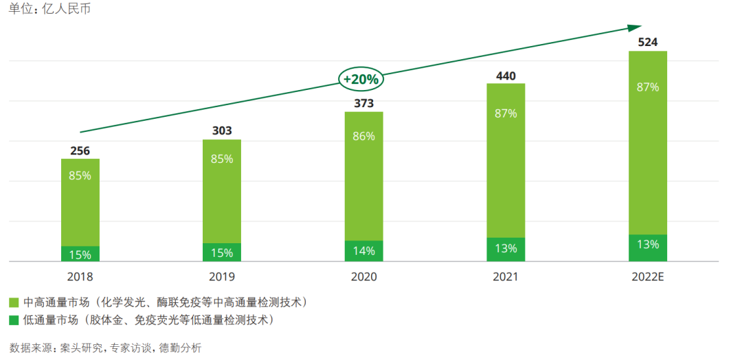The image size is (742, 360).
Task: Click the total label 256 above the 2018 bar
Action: click(80, 150)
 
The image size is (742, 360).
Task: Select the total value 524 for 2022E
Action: click(648, 43)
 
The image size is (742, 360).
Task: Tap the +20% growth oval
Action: click(361, 79)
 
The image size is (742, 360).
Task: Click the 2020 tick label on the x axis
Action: click(364, 277)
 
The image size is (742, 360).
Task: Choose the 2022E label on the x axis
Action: click(648, 277)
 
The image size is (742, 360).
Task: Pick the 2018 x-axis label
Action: click(80, 277)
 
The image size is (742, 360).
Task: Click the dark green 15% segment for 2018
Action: click(80, 254)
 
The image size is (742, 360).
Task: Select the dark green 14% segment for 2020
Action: click(364, 251)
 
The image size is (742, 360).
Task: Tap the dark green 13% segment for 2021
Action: click(506, 249)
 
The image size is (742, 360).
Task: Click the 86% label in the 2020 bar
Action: click(364, 136)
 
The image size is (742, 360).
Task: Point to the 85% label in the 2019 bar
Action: click(222, 159)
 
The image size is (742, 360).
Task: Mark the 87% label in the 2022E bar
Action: click(648, 87)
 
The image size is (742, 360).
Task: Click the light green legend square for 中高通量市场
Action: click(14, 302)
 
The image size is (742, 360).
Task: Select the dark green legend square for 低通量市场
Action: click(14, 320)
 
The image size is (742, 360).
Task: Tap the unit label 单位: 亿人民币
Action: click(49, 10)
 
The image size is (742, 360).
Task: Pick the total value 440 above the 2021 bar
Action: click(506, 76)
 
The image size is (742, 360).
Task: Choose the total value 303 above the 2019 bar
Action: click(222, 131)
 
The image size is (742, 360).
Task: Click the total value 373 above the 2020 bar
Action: click(364, 103)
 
